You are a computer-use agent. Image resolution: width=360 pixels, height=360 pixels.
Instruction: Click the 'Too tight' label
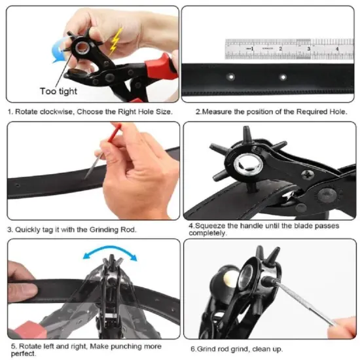(x=58, y=91)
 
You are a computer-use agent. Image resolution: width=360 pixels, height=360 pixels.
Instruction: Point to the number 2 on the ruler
(x=280, y=48)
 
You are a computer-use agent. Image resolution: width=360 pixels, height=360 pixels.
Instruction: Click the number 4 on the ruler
(x=334, y=48)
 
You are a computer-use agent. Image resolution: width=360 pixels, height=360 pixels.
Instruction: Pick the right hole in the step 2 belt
(x=283, y=77)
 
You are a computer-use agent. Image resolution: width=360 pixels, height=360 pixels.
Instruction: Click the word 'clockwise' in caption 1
(x=56, y=112)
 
